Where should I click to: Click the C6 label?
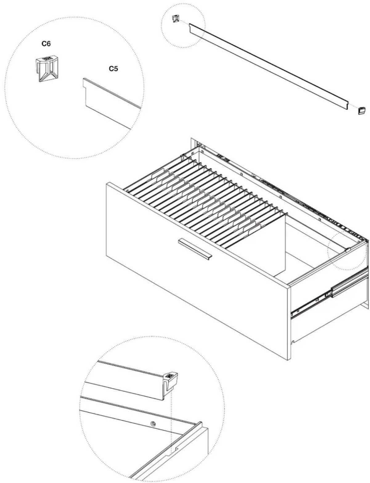[46, 44]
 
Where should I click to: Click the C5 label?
[113, 69]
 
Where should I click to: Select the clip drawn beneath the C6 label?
[47, 69]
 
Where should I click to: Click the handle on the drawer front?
[195, 249]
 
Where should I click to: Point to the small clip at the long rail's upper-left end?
[176, 18]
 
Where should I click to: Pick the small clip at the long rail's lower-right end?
[362, 110]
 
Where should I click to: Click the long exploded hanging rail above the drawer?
[269, 67]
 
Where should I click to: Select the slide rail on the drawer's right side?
[329, 294]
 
